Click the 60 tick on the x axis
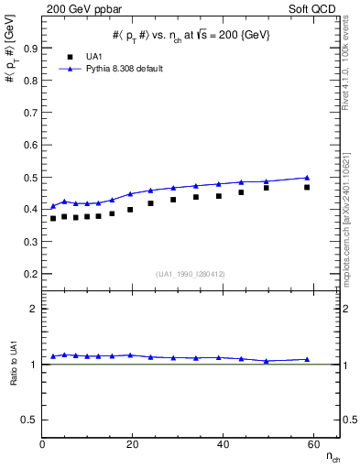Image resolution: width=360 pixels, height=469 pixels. click(312, 445)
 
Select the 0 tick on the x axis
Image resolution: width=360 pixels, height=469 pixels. click(43, 445)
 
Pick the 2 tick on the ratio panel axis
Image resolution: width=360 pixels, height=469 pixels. click(34, 310)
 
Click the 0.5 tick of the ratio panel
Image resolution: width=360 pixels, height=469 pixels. click(30, 420)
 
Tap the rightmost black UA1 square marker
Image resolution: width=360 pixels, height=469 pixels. click(307, 187)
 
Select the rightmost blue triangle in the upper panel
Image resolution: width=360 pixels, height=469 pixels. click(307, 177)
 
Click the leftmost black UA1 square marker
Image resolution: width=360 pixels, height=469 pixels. click(53, 218)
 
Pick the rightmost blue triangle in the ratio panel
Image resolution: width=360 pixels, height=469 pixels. click(307, 359)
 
